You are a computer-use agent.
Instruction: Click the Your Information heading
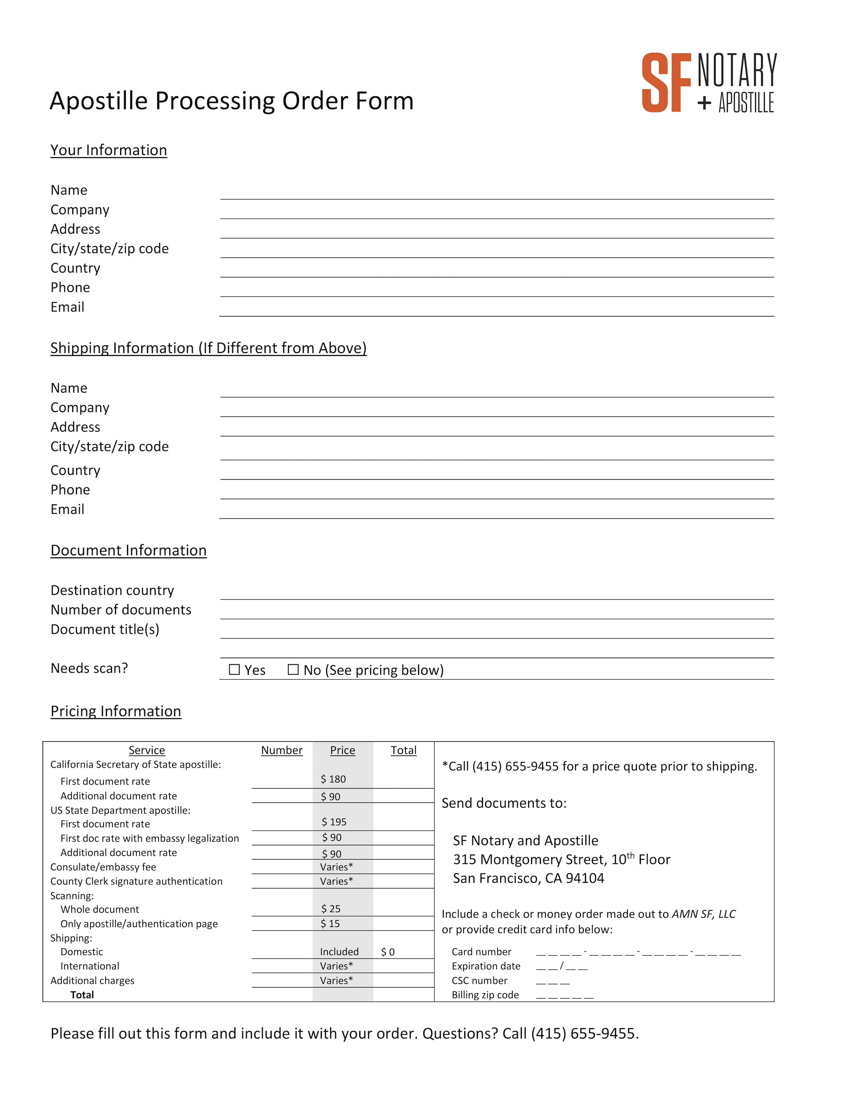click(108, 150)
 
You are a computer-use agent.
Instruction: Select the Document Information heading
click(128, 551)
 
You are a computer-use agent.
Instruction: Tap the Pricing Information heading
click(116, 711)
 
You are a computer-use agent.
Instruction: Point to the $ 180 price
click(333, 779)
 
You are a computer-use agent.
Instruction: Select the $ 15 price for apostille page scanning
click(330, 923)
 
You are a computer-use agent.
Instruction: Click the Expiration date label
click(486, 966)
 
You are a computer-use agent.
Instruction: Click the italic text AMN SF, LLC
click(703, 914)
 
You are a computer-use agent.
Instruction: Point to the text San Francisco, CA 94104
click(528, 878)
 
